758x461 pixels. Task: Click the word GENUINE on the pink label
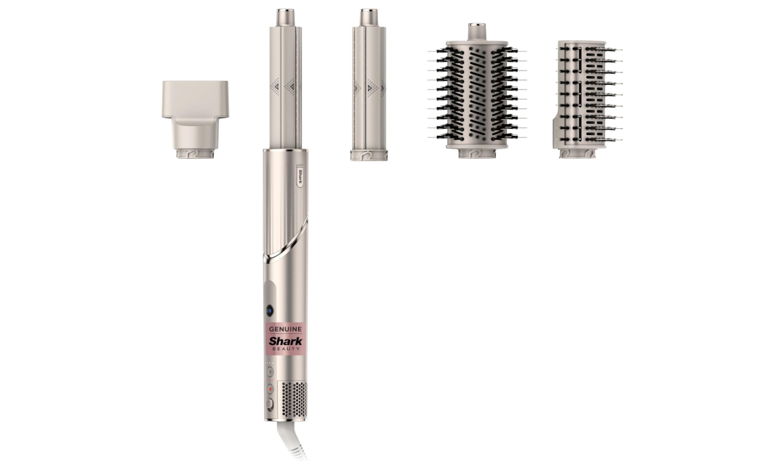pyautogui.click(x=285, y=329)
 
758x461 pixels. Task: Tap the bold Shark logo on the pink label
pyautogui.click(x=285, y=341)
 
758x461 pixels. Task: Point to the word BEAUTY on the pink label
pyautogui.click(x=286, y=349)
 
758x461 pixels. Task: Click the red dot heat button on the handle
pyautogui.click(x=270, y=389)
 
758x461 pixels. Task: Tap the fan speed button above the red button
pyautogui.click(x=270, y=372)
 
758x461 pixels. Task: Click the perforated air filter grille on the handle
pyautogui.click(x=294, y=400)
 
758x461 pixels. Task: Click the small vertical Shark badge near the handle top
pyautogui.click(x=300, y=177)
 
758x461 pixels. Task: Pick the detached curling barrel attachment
pyautogui.click(x=369, y=84)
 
